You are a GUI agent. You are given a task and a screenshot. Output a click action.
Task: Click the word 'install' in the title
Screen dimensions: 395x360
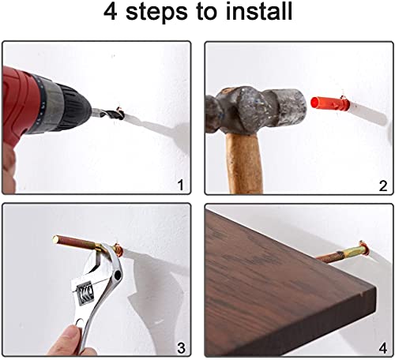(259, 12)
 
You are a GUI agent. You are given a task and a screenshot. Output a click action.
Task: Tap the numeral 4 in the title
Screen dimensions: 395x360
(110, 12)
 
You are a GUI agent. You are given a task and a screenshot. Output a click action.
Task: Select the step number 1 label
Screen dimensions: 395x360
(181, 185)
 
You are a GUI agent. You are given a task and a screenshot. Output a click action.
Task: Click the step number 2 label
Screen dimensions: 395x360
(383, 186)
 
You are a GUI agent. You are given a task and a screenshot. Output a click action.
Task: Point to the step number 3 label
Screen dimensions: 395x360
(181, 348)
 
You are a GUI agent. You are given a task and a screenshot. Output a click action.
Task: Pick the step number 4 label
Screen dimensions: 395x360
(383, 348)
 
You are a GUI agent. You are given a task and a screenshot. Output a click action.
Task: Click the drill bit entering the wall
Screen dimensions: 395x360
(108, 113)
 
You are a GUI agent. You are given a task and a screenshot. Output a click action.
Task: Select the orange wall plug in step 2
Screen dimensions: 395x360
(330, 103)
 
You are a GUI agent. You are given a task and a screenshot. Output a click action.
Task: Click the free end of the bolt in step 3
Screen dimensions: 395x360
(56, 239)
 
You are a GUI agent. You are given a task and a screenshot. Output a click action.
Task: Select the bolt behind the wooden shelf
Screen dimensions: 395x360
(342, 253)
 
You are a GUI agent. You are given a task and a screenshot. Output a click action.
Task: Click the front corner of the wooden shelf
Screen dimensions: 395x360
(375, 287)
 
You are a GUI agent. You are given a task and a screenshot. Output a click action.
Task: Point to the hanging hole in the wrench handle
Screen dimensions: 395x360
(81, 321)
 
